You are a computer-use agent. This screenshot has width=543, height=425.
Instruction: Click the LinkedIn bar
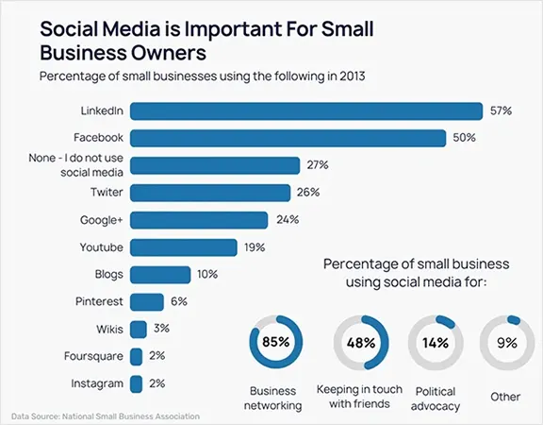tap(306, 110)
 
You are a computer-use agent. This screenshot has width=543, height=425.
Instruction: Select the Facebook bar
tap(288, 138)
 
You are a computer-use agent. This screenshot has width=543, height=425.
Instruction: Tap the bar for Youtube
tap(184, 247)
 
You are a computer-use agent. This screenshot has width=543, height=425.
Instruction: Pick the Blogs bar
tap(160, 275)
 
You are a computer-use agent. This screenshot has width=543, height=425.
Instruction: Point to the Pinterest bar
tap(147, 302)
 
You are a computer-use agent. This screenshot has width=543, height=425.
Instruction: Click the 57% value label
tap(501, 110)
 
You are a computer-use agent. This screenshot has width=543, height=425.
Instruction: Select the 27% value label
tap(317, 165)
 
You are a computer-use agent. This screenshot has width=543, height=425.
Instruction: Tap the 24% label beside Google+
tap(304, 220)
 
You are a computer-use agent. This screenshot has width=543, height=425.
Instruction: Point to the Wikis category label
tap(107, 330)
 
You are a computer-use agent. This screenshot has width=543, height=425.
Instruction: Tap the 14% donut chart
tap(434, 342)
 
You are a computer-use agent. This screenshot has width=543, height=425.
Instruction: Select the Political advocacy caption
tap(434, 397)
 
